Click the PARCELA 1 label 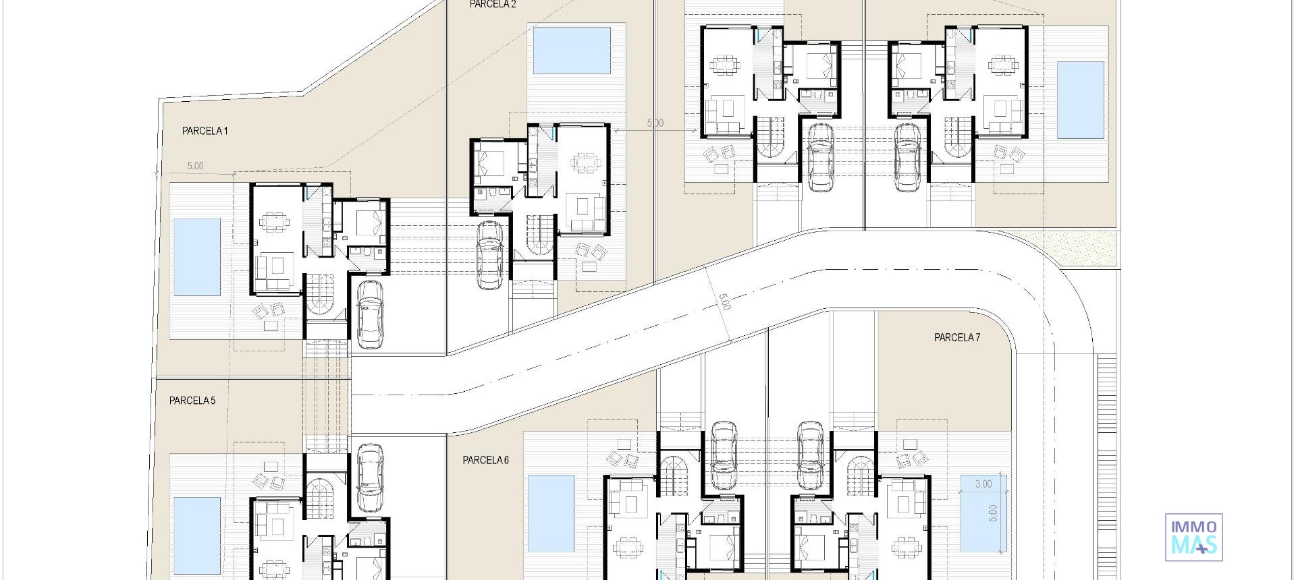point(205,131)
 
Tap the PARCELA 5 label point(192,401)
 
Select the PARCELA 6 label point(485,460)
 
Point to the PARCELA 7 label point(957,337)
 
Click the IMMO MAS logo point(1194,537)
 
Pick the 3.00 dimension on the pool point(983,484)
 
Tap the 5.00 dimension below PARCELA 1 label point(195,166)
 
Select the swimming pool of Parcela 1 point(197,257)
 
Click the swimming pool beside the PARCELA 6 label point(551,513)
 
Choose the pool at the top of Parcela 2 point(572,50)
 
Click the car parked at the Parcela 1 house point(369,314)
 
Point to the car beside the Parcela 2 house point(490,254)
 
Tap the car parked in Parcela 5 point(369,477)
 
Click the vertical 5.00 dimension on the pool point(992,513)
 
